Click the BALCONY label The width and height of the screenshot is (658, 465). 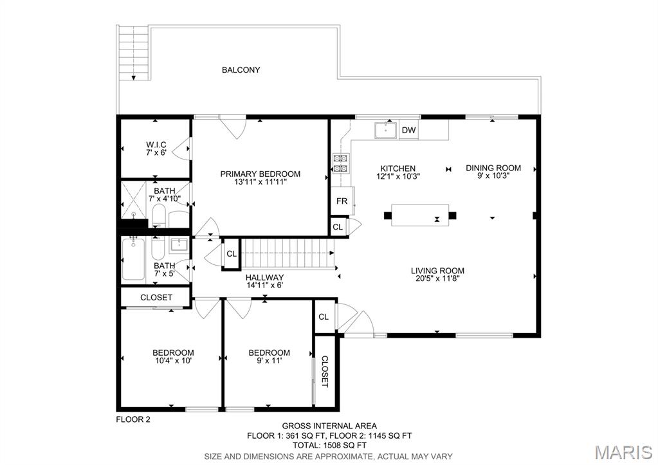click(x=241, y=69)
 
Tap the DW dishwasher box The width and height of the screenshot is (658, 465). click(x=408, y=130)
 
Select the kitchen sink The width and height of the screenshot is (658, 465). click(x=386, y=130)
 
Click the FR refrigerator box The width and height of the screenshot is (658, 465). click(x=342, y=201)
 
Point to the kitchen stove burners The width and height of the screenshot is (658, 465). click(x=341, y=163)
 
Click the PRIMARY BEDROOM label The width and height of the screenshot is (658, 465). click(x=260, y=174)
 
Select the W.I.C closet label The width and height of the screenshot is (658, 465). click(x=156, y=145)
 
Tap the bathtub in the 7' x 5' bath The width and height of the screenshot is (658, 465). click(x=133, y=259)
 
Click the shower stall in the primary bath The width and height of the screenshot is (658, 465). click(x=134, y=200)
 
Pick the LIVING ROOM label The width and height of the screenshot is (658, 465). click(x=437, y=271)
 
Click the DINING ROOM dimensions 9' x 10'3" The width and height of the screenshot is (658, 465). click(x=493, y=176)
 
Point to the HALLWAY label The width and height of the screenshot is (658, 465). click(x=264, y=277)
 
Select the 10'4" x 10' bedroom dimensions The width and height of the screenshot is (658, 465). click(x=173, y=360)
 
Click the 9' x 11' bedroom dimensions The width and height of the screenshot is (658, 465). click(x=269, y=360)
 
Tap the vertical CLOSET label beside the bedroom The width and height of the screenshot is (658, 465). click(x=325, y=371)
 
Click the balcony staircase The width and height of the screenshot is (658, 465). click(x=134, y=53)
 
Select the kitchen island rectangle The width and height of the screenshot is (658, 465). click(x=420, y=215)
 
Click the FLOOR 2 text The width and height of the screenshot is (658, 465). click(x=133, y=419)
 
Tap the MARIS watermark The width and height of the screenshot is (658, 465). click(x=624, y=452)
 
